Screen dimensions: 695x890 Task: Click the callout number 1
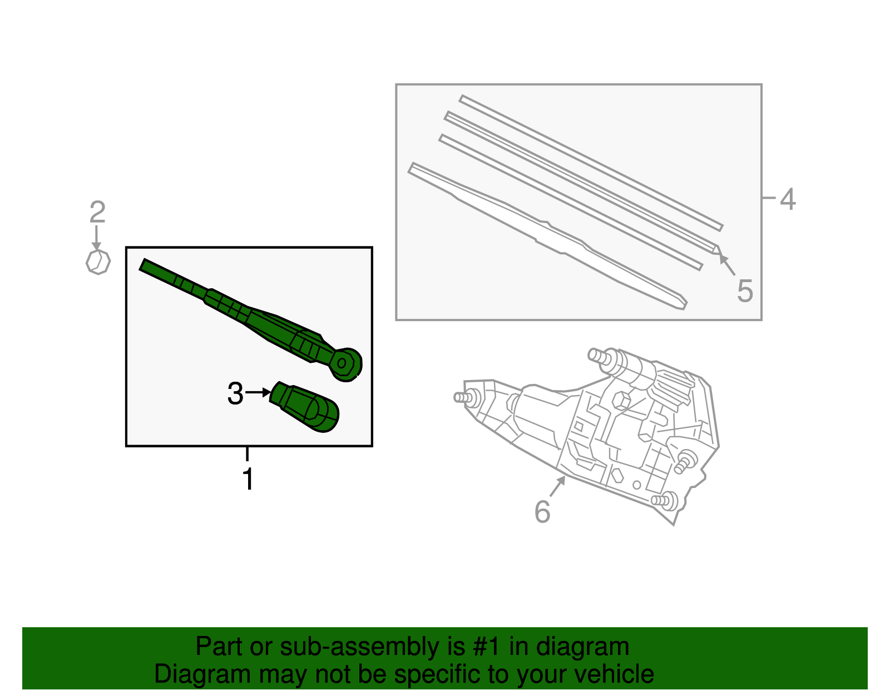click(248, 480)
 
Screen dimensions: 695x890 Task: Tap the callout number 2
click(97, 212)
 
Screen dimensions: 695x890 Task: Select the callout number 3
click(235, 394)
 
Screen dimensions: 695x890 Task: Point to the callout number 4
click(788, 199)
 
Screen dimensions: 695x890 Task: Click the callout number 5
click(745, 291)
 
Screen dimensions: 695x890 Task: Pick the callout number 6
click(542, 511)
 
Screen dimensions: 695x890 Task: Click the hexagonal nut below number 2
click(98, 262)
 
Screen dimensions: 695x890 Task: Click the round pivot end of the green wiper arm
click(345, 364)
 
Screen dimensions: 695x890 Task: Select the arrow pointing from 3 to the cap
click(258, 393)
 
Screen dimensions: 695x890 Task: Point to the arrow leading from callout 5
click(727, 265)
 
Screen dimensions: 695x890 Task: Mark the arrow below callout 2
click(97, 237)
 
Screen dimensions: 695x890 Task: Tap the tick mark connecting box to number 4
click(769, 197)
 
